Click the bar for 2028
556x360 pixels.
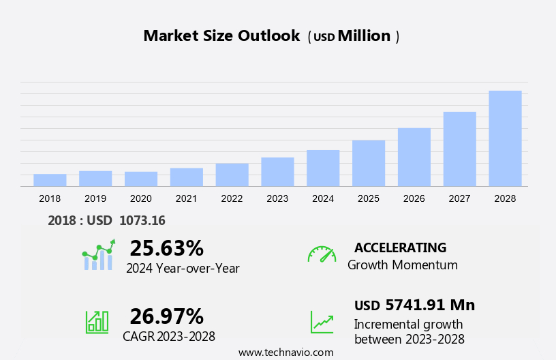click(505, 138)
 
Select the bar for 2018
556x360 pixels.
click(50, 180)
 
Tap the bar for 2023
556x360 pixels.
click(277, 172)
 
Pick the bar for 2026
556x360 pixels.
click(414, 157)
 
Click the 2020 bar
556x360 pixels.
click(141, 179)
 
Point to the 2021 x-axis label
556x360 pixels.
click(187, 198)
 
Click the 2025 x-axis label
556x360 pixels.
click(369, 198)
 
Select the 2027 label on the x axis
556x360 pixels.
click(460, 198)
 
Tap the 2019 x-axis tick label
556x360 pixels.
click(95, 198)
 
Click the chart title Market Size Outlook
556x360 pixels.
click(221, 36)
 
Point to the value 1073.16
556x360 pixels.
click(142, 220)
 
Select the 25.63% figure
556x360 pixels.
click(166, 248)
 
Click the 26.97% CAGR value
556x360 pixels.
click(166, 316)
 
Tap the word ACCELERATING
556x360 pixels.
click(400, 247)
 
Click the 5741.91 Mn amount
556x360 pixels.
click(430, 305)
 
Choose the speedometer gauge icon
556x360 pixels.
click(322, 254)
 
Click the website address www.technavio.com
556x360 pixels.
click(286, 352)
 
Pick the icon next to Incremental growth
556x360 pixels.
click(322, 322)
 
